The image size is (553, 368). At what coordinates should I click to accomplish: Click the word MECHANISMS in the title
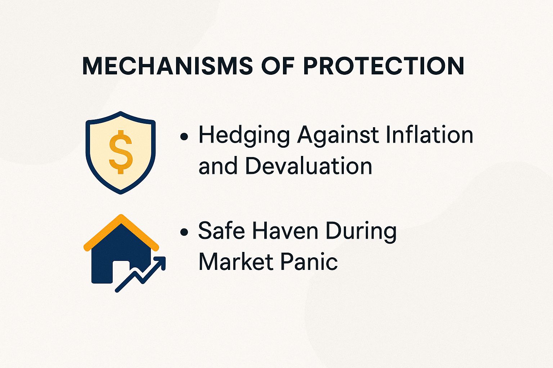pyautogui.click(x=167, y=66)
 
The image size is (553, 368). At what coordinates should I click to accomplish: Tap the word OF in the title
pyautogui.click(x=278, y=66)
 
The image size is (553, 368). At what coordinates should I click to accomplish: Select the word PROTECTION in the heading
pyautogui.click(x=383, y=66)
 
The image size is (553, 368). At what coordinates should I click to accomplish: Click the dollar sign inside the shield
pyautogui.click(x=121, y=152)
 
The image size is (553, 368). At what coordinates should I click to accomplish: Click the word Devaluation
pyautogui.click(x=309, y=166)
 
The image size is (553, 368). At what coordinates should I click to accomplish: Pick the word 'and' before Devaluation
pyautogui.click(x=217, y=166)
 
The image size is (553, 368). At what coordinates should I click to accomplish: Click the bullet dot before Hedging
pyautogui.click(x=184, y=137)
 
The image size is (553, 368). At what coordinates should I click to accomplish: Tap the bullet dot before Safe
pyautogui.click(x=184, y=232)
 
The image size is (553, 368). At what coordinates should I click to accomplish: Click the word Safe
pyautogui.click(x=219, y=231)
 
